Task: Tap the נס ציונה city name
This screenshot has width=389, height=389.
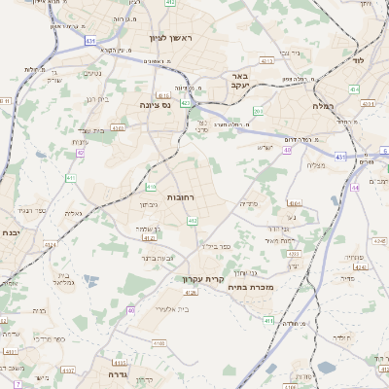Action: tap(156, 104)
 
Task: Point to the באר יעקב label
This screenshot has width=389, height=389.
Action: tap(239, 80)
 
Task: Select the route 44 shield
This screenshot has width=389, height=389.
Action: tap(356, 187)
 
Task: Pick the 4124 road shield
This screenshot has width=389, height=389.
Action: tap(149, 237)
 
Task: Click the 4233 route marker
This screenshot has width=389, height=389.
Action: tap(295, 253)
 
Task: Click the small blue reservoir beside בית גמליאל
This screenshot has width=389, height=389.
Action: tap(90, 281)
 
